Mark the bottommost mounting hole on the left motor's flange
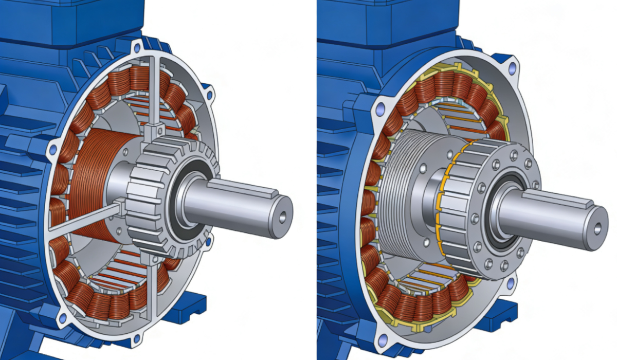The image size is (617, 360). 136,338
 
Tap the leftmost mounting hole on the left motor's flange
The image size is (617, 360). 52,150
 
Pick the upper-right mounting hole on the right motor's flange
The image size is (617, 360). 512,67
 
